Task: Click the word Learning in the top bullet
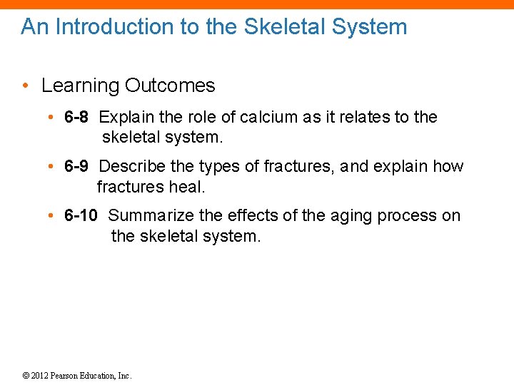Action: [x=80, y=86]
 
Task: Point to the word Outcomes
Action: [x=170, y=86]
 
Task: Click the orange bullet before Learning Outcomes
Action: [x=25, y=86]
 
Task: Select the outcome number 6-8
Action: [x=76, y=117]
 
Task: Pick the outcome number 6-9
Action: [x=76, y=167]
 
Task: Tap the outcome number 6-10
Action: [x=80, y=215]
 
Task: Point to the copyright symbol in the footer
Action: [x=26, y=376]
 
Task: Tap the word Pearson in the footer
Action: [x=66, y=376]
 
